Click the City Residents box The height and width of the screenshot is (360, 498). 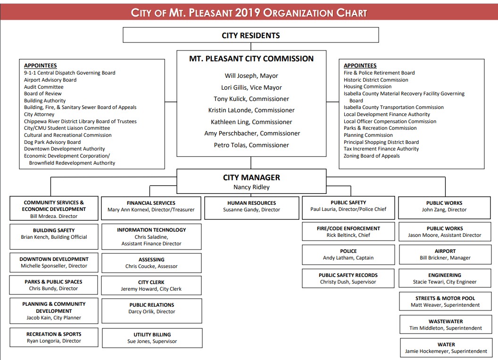[250, 35]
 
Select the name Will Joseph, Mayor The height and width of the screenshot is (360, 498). [251, 76]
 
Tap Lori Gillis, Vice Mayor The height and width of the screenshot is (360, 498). [251, 87]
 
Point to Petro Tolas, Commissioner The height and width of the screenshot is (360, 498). [251, 145]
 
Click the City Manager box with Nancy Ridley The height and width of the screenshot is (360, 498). [251, 182]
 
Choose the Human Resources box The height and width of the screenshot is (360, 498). [251, 207]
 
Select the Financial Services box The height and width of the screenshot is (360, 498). [151, 207]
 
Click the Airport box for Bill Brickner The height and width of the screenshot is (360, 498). [445, 255]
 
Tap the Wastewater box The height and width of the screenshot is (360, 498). [445, 325]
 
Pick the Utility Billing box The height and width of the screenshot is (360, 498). [152, 338]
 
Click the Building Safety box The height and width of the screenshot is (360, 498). [54, 234]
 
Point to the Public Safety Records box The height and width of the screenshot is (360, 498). [348, 278]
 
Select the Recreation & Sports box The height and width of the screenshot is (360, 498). [54, 337]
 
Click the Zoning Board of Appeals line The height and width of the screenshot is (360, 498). [372, 156]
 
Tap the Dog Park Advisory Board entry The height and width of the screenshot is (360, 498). [52, 142]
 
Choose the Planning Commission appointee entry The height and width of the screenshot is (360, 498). [368, 135]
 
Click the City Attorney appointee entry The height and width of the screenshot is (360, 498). [39, 115]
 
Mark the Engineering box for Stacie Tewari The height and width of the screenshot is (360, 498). [445, 278]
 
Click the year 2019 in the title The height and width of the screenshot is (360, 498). [247, 13]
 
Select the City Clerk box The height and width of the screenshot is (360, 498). [151, 285]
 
